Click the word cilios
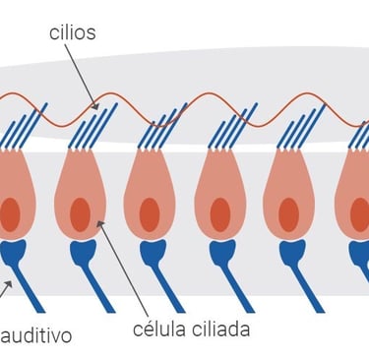pyautogui.click(x=73, y=32)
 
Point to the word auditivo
pyautogui.click(x=36, y=335)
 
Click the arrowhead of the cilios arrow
pyautogui.click(x=95, y=106)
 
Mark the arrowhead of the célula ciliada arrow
pyautogui.click(x=100, y=224)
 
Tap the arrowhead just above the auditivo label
pyautogui.click(x=9, y=284)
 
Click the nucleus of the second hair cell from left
pyautogui.click(x=80, y=214)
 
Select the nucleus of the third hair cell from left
pyautogui.click(x=150, y=214)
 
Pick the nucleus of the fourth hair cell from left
pyautogui.click(x=220, y=214)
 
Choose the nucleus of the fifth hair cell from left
pyautogui.click(x=288, y=214)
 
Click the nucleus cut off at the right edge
pyautogui.click(x=359, y=214)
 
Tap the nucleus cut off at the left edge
pyautogui.click(x=10, y=214)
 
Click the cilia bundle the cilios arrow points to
pyautogui.click(x=92, y=126)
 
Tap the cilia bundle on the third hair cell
pyautogui.click(x=162, y=126)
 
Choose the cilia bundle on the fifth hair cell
pyautogui.click(x=301, y=126)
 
